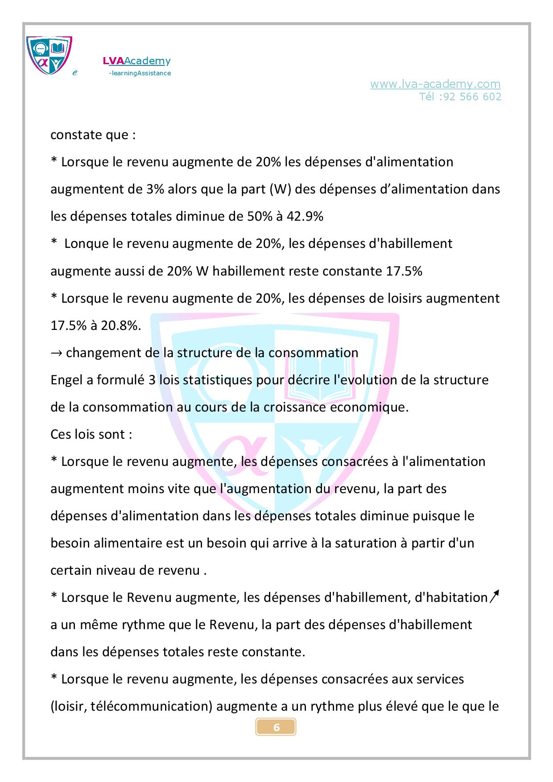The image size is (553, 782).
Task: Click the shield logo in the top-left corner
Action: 49,56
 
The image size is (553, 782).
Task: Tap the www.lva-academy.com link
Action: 435,84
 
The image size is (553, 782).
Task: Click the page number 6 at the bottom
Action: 276,727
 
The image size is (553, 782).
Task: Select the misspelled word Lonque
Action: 87,244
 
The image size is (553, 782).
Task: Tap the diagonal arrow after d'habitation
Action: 494,596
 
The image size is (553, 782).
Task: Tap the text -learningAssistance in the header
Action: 140,73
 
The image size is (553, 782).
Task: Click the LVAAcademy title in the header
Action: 136,61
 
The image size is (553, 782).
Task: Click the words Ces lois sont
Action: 91,435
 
